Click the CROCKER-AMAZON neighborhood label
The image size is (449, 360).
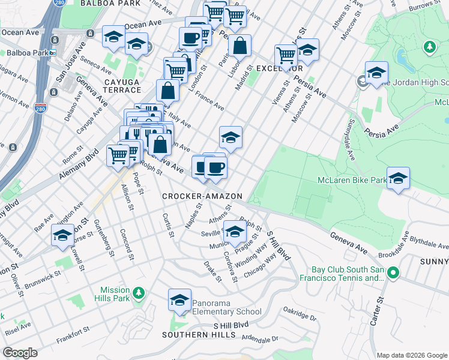[x=202, y=196]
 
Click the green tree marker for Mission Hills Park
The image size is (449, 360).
[x=139, y=293]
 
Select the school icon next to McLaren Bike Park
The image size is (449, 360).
[x=397, y=178]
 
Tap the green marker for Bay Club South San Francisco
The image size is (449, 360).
[x=393, y=274]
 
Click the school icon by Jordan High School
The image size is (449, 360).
[x=376, y=73]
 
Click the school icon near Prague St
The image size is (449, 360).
[x=235, y=231]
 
